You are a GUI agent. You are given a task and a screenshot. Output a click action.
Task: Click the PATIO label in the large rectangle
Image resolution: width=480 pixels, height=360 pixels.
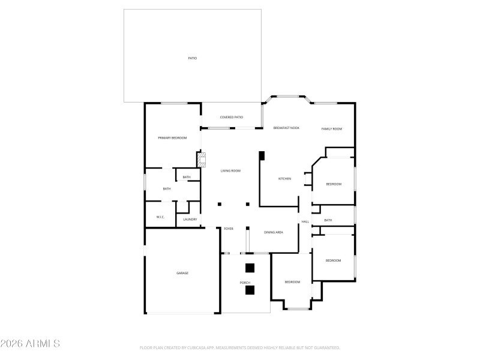[x=192, y=58]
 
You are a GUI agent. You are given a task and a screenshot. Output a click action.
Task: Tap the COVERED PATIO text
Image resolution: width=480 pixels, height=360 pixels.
[x=231, y=117]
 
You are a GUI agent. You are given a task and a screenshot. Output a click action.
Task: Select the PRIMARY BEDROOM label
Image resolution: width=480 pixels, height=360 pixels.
[x=172, y=138]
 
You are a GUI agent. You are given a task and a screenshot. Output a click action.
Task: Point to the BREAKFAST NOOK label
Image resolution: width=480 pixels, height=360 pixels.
[x=286, y=128]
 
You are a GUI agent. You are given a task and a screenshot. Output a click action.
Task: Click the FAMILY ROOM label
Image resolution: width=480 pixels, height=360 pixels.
[x=331, y=129]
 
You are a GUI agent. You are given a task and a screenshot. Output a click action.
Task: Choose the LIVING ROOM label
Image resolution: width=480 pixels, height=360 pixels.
[x=230, y=171]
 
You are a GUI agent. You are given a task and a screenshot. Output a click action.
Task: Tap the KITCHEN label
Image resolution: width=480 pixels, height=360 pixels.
[x=284, y=179]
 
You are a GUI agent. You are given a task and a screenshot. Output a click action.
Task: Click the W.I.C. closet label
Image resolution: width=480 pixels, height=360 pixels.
[x=160, y=217]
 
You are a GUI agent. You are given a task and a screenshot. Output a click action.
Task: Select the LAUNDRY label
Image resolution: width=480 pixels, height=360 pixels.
[x=190, y=220]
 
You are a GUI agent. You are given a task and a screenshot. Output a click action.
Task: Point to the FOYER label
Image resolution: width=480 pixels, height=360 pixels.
[x=229, y=229]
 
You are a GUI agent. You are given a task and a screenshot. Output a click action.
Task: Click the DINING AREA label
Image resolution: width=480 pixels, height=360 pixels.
[x=274, y=232]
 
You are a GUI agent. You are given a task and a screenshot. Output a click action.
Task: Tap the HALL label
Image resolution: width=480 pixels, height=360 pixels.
[x=305, y=222]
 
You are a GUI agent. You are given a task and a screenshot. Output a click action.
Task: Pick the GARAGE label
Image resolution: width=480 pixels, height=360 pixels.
[x=182, y=273]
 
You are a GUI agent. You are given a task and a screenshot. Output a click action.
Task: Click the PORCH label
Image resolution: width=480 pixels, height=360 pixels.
[x=245, y=283]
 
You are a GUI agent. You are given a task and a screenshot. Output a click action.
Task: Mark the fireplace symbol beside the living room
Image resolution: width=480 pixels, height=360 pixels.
[x=202, y=160]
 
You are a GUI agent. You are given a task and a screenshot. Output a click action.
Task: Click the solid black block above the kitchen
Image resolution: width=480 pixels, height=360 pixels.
[x=262, y=156]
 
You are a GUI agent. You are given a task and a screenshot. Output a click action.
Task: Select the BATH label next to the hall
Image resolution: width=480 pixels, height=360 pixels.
[x=328, y=220]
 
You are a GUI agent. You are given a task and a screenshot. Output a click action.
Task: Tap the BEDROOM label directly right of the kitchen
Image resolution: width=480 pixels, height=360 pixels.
[x=334, y=184]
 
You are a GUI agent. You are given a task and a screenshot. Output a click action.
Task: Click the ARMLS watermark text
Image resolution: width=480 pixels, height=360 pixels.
[x=31, y=344]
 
